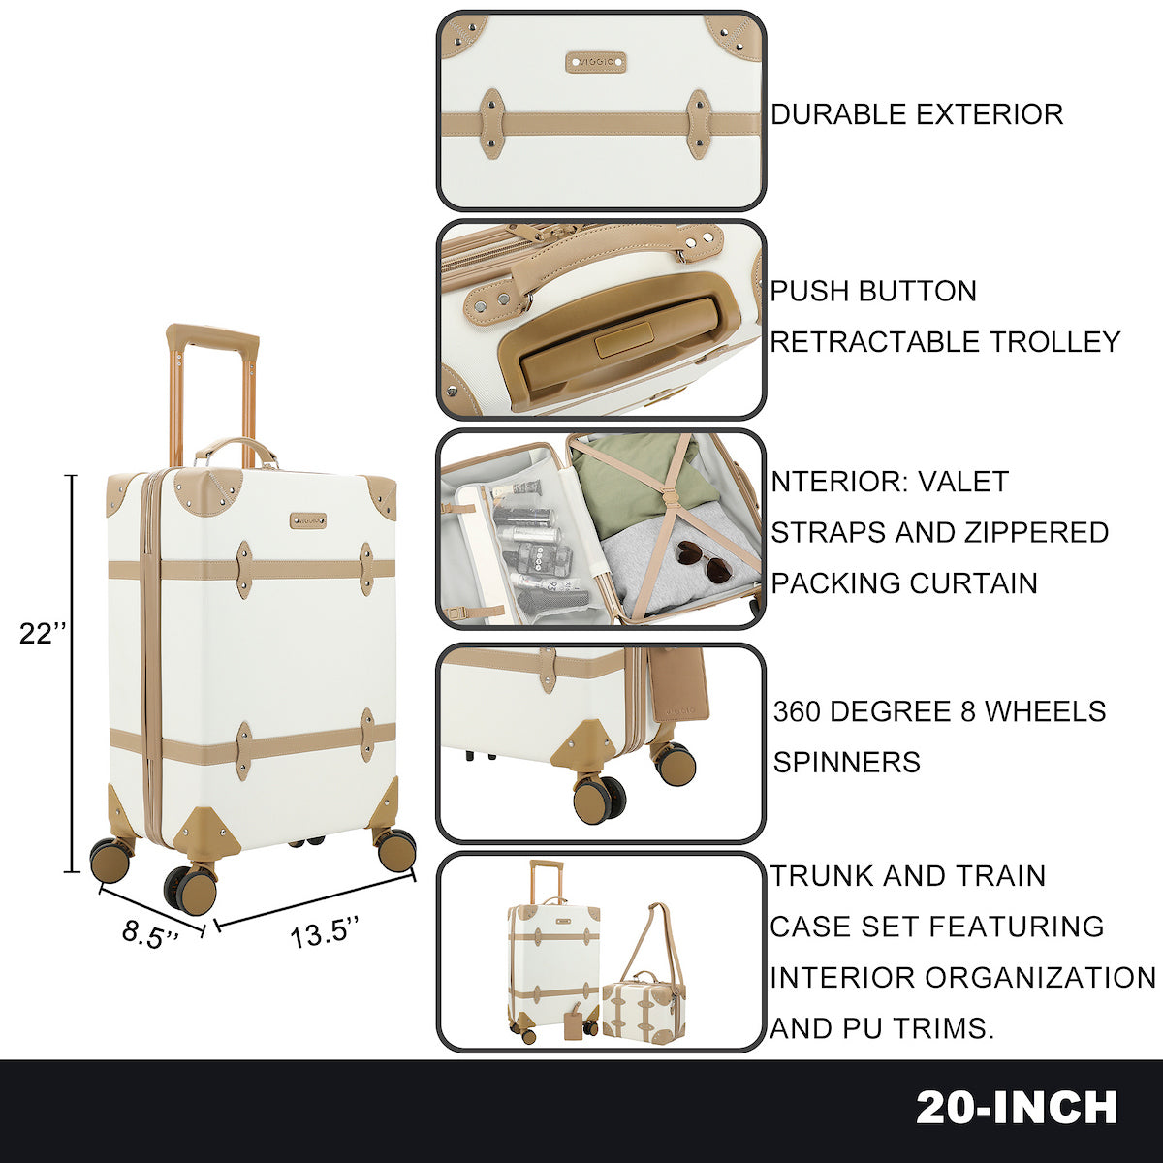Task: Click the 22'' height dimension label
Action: point(45,633)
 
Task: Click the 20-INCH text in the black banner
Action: point(1017,1108)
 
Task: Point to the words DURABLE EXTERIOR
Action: point(917,114)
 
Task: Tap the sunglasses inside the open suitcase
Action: point(704,561)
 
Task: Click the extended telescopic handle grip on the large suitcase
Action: point(212,338)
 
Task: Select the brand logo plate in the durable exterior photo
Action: point(595,62)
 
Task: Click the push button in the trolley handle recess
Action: point(621,342)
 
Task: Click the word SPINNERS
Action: point(846,762)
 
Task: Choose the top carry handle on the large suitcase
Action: point(236,449)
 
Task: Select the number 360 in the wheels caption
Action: point(797,711)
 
